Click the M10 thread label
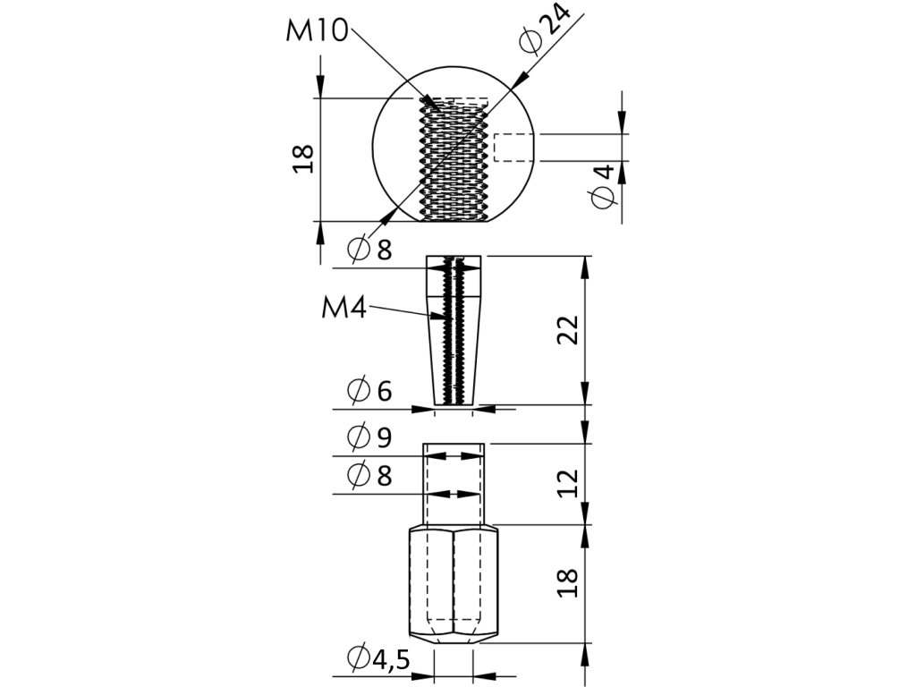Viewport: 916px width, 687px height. pos(317,30)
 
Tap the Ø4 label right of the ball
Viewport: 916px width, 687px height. pos(603,186)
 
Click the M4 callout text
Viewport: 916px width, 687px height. pos(343,308)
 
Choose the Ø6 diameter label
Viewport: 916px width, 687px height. pos(369,390)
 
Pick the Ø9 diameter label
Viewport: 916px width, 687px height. pos(369,437)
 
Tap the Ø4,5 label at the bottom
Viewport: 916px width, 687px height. pos(378,659)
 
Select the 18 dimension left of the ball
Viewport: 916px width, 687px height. pos(304,158)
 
